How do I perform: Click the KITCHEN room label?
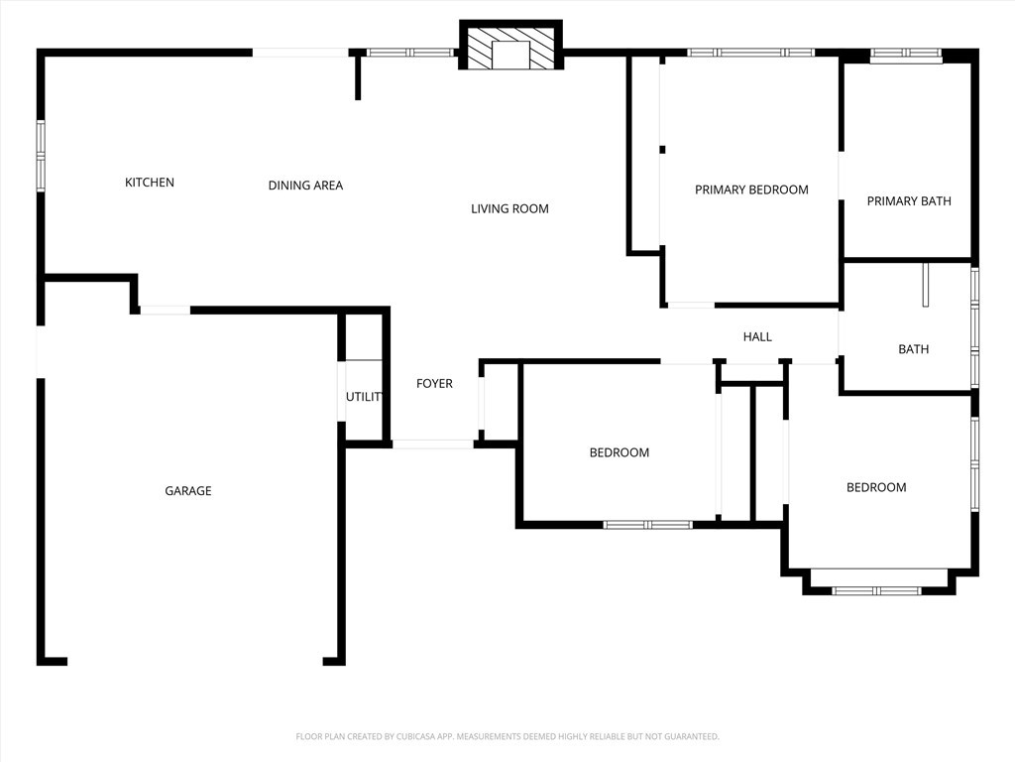[x=150, y=183]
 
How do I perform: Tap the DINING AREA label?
[x=305, y=186]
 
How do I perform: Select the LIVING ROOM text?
[x=509, y=208]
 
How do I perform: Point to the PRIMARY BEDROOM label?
[x=751, y=190]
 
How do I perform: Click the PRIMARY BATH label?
[x=909, y=201]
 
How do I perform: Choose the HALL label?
[x=757, y=337]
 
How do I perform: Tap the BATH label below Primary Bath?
[x=913, y=349]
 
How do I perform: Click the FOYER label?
[x=434, y=384]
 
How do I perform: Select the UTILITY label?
[x=364, y=397]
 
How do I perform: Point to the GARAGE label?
[x=188, y=491]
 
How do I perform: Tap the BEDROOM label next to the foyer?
[x=620, y=452]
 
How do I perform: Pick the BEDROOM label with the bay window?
[x=875, y=487]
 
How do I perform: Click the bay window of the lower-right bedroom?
[x=878, y=589]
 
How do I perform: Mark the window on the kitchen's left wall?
[x=41, y=155]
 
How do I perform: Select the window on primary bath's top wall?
[x=906, y=55]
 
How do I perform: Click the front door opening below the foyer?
[x=432, y=444]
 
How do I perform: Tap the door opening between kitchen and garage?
[x=165, y=311]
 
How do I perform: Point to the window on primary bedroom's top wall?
[x=751, y=53]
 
